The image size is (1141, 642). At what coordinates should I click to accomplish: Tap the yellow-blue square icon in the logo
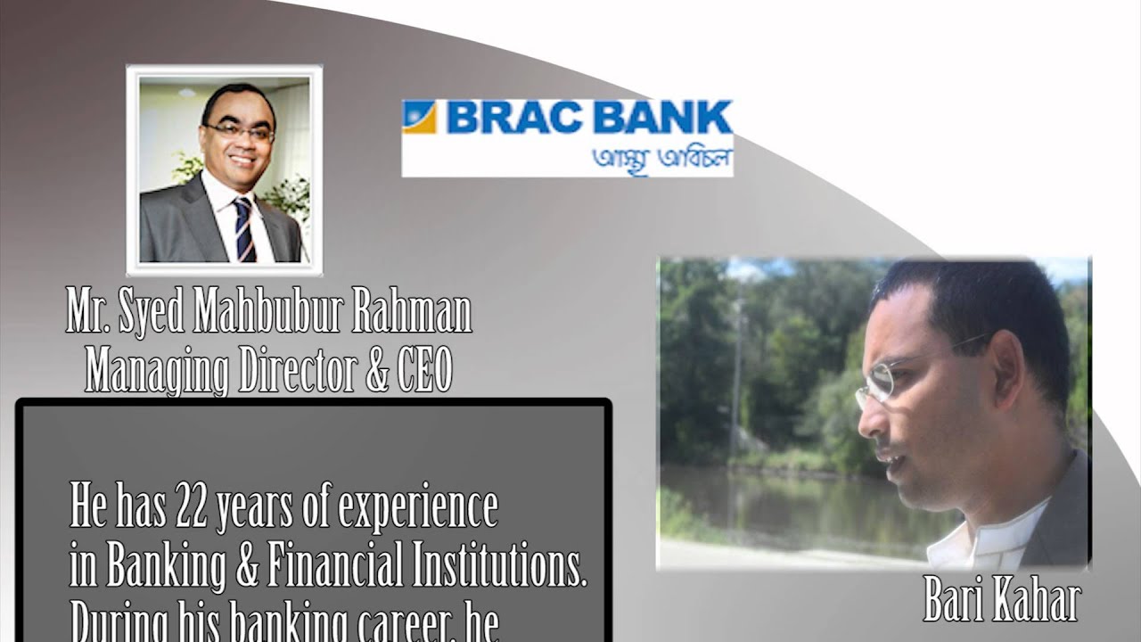click(419, 117)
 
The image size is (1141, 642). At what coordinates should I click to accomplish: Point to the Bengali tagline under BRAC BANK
click(662, 159)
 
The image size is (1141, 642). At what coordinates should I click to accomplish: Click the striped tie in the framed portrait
click(243, 229)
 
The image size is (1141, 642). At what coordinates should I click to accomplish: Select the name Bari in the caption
click(951, 603)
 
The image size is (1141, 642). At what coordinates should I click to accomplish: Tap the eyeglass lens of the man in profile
click(878, 381)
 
